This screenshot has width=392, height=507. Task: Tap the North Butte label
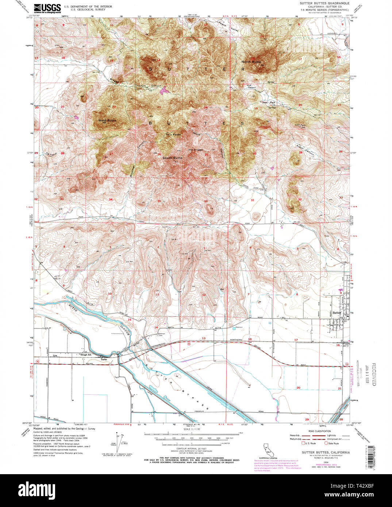(x=251, y=62)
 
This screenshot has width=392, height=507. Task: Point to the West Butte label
(x=107, y=120)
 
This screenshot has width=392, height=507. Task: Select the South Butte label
(x=172, y=158)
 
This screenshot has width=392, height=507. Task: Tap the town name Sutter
(x=337, y=313)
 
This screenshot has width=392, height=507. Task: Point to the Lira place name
(x=55, y=355)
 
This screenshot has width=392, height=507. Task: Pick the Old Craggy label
(x=195, y=150)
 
